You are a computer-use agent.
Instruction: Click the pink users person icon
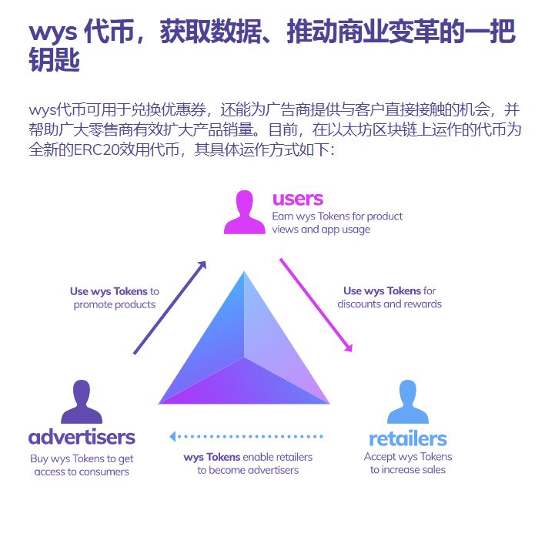click(x=244, y=212)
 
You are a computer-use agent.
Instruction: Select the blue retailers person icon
click(x=408, y=401)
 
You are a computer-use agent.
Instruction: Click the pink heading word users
click(x=297, y=200)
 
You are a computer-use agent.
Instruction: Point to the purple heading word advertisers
click(x=82, y=438)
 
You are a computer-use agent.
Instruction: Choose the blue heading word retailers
click(x=407, y=439)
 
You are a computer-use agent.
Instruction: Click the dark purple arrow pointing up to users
click(x=170, y=307)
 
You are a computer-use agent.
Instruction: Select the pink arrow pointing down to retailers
click(x=316, y=304)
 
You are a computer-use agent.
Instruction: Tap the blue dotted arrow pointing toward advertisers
click(x=246, y=438)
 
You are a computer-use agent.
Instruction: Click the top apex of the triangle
click(x=244, y=273)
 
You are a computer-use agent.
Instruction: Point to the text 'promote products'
click(x=115, y=304)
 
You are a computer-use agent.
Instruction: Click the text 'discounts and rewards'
click(x=390, y=304)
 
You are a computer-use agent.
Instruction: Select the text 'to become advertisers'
click(x=248, y=470)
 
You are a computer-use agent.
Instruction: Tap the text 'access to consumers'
click(x=82, y=472)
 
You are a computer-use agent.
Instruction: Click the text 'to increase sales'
click(x=408, y=470)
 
